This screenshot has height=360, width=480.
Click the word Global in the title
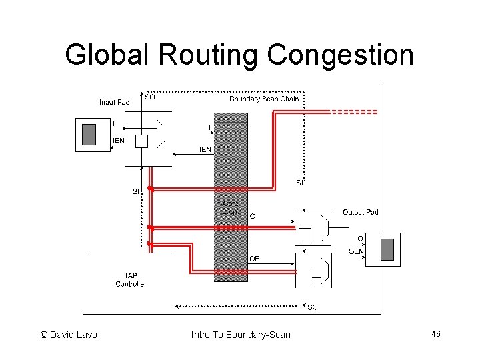111,55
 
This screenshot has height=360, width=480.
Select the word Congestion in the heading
339,55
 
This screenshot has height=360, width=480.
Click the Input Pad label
115,102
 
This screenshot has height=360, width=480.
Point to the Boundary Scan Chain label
264,99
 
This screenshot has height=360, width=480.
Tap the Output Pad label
360,212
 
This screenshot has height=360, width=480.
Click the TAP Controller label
131,279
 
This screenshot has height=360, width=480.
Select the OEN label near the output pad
356,251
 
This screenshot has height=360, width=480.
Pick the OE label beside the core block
255,258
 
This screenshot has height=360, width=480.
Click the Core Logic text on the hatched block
231,207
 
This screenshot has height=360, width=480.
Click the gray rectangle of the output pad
387,249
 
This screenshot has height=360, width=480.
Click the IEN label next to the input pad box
118,140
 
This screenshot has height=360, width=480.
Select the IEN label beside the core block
205,149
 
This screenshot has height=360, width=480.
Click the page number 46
437,333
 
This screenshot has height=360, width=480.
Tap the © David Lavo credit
69,334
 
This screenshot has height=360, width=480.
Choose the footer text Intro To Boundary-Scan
241,334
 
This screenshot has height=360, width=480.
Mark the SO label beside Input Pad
150,96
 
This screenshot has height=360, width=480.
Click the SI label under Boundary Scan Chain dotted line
300,183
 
